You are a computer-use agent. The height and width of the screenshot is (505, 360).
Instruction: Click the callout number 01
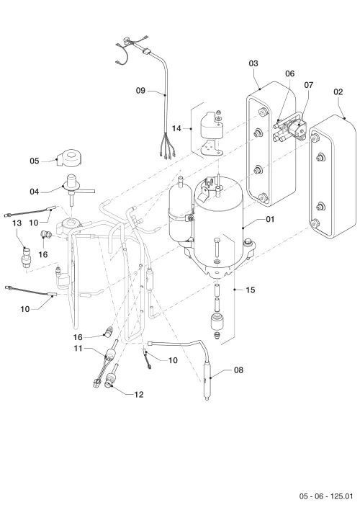[270, 219]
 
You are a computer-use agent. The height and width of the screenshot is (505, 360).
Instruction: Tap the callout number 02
[338, 91]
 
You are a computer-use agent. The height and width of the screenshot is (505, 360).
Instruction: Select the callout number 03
[253, 63]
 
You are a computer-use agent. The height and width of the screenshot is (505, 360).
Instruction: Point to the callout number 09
[140, 91]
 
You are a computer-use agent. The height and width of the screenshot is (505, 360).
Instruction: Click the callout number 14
[176, 128]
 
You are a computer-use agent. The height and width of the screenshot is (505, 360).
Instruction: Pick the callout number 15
[250, 290]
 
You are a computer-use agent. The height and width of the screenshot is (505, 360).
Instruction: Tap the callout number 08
[238, 370]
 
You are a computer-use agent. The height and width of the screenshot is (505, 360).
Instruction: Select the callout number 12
[139, 395]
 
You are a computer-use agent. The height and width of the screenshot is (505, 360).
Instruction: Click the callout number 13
[17, 223]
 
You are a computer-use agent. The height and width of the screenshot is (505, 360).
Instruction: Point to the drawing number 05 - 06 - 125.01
[326, 496]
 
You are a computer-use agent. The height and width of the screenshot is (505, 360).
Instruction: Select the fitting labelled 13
[25, 259]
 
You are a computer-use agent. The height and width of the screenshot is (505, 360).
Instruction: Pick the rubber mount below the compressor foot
[217, 321]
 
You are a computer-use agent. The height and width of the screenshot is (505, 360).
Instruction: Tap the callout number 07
[308, 85]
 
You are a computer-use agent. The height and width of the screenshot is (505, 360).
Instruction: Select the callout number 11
[78, 349]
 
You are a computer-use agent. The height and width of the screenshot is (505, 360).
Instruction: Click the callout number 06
[290, 73]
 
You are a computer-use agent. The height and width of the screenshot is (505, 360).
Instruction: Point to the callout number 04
[35, 192]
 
